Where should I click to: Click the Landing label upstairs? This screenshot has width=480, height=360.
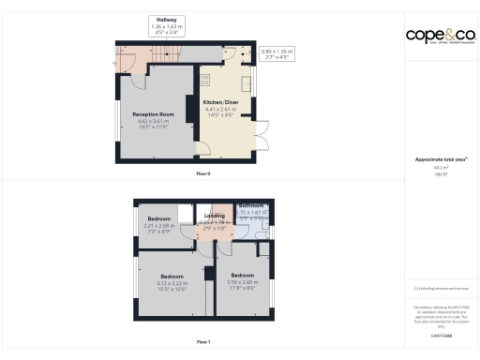click(214, 217)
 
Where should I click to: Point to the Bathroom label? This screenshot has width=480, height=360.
click(250, 205)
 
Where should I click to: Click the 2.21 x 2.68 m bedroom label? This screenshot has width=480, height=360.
click(157, 219)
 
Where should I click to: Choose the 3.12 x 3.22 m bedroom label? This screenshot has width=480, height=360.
click(172, 277)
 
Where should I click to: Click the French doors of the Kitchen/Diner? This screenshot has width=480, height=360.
click(263, 133)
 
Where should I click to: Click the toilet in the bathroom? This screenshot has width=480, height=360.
click(265, 226)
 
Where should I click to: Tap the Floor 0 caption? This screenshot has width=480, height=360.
click(203, 173)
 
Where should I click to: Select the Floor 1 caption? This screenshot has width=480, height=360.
click(203, 341)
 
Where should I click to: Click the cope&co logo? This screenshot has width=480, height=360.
click(440, 36)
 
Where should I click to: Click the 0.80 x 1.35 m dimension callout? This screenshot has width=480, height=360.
click(277, 53)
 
